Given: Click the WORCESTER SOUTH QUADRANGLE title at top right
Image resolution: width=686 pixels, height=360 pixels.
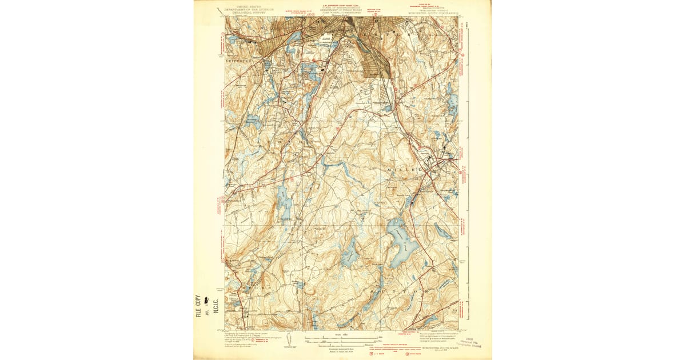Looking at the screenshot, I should coord(433,14).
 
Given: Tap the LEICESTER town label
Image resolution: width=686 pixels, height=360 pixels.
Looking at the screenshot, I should coord(240,59).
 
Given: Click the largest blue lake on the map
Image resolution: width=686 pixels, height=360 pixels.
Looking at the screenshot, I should coord(401,245).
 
